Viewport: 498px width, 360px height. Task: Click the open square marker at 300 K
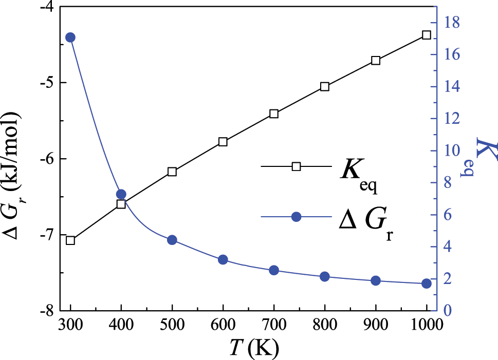(70, 240)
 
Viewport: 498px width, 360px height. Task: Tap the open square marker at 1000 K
(426, 35)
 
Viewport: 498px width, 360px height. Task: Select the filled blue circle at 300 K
(70, 37)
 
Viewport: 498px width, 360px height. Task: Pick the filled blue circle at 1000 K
(426, 283)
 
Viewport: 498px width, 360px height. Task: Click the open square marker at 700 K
(274, 113)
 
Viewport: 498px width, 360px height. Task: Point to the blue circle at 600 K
(223, 260)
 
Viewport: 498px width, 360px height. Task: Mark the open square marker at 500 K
(172, 172)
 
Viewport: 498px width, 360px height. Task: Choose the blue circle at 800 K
(325, 277)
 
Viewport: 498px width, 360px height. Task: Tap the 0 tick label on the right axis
(448, 311)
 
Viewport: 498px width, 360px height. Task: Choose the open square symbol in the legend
(296, 166)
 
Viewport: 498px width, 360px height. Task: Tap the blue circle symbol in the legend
(296, 217)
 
